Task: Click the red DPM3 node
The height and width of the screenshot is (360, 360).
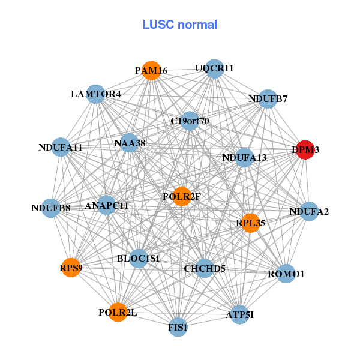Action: point(306,150)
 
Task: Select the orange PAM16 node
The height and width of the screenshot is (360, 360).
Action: point(151,71)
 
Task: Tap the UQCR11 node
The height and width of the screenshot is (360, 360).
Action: point(214,68)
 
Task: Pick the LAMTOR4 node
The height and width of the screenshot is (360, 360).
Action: point(96,94)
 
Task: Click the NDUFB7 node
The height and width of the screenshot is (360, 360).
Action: point(268,98)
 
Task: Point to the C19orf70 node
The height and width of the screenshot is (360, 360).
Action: point(190,121)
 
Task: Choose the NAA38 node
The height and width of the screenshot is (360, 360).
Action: point(130,143)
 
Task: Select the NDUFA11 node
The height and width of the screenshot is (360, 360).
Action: point(61,147)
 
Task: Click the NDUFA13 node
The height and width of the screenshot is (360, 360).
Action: point(244,158)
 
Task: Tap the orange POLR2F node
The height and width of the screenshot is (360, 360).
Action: point(182,196)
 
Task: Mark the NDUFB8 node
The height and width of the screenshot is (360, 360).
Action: point(51,208)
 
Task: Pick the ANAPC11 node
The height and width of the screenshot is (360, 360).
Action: point(107,205)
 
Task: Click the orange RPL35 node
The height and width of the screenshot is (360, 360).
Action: point(250,223)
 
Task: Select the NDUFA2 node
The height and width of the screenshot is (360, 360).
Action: point(309,211)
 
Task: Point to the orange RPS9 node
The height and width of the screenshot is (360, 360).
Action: point(70,268)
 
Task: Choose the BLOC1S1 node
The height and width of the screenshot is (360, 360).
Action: point(139,259)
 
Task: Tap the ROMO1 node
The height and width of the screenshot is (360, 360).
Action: point(286,274)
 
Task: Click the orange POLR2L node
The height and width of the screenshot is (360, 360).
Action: point(118,312)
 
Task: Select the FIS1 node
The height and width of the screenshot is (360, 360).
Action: point(178,327)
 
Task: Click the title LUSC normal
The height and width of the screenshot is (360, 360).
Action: point(180,25)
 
